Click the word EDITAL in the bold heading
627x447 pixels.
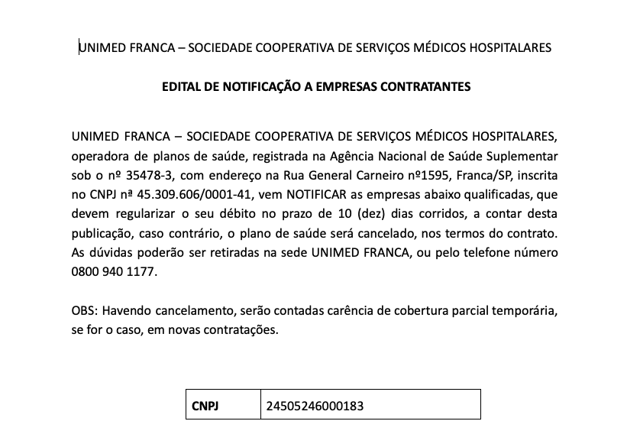[x=181, y=87]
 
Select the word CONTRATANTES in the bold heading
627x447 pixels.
[x=433, y=87]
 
